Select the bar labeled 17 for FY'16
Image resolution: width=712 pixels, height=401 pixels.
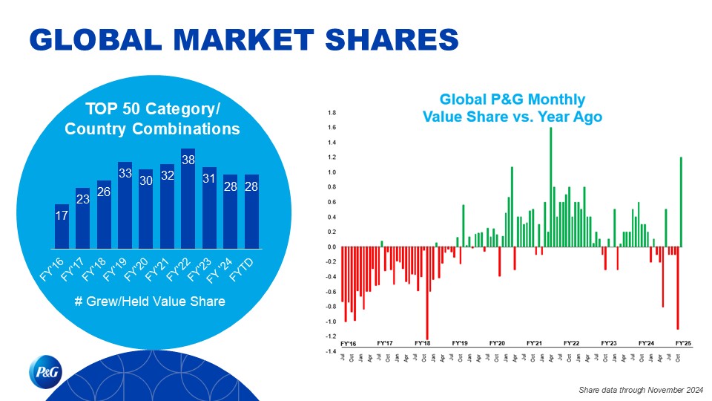62,226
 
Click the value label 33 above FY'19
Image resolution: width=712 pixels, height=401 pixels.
125,173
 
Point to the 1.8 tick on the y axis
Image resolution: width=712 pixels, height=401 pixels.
332,113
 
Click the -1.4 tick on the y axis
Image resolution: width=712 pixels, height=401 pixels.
331,351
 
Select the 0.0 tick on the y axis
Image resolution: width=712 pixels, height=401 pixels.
332,247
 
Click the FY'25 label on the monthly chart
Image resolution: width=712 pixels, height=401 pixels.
684,343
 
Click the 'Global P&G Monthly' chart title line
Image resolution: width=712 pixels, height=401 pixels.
512,100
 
